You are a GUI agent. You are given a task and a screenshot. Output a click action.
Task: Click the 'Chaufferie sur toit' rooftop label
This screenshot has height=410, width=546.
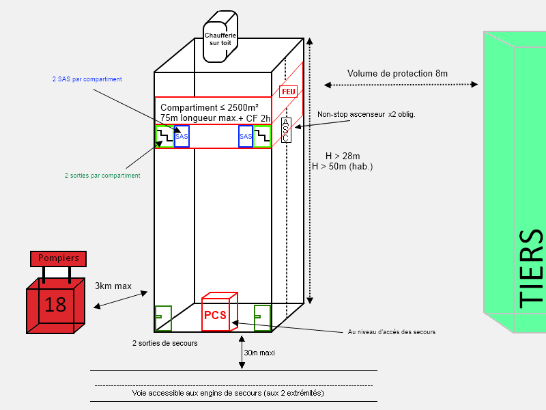click(220, 39)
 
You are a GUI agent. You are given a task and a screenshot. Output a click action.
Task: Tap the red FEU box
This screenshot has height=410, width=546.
click(288, 92)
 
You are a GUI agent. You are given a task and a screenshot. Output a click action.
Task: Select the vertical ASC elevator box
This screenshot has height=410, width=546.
click(286, 130)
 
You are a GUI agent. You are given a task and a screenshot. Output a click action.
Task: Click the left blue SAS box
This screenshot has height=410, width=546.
click(182, 136)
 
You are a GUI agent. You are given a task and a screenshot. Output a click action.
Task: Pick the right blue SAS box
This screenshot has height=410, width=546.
click(246, 136)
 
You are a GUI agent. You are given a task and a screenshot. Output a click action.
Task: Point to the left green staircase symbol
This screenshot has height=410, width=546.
click(164, 136)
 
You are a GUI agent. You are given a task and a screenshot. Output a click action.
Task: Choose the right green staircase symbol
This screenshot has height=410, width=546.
click(262, 136)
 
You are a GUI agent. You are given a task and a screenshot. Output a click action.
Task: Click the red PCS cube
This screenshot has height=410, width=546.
click(219, 312)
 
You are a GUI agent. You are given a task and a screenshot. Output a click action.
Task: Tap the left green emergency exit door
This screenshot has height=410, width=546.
click(163, 318)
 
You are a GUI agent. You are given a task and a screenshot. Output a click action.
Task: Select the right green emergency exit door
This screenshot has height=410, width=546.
click(262, 318)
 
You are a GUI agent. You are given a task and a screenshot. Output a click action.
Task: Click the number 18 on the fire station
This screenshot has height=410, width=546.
click(55, 305)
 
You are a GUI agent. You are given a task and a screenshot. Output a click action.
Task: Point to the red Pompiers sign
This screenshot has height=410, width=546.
click(58, 259)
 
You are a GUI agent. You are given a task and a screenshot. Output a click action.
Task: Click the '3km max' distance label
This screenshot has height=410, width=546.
click(113, 286)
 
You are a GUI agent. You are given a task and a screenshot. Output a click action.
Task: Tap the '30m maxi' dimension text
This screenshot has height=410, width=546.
click(259, 353)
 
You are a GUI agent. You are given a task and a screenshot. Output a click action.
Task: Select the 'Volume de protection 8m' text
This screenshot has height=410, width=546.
click(397, 74)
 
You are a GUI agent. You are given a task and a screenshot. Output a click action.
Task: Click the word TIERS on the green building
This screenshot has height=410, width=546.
click(531, 269)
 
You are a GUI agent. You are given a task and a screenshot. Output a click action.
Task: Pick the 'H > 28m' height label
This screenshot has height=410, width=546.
click(343, 156)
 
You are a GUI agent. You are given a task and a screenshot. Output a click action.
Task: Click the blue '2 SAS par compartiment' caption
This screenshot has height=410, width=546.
click(87, 79)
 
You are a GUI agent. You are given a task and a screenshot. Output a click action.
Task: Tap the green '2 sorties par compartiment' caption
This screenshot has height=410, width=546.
click(102, 176)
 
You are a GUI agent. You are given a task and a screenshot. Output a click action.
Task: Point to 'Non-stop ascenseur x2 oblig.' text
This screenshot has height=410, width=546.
click(367, 114)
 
